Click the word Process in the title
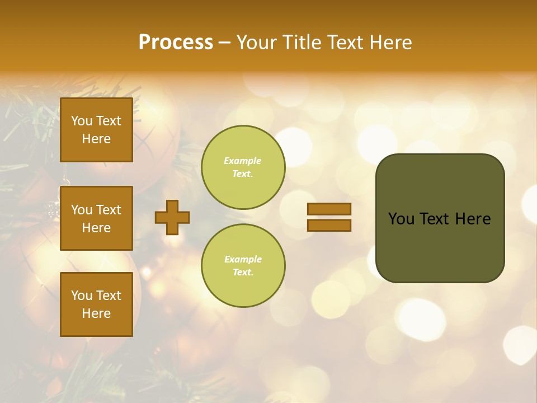point(176,43)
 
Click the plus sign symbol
point(172,217)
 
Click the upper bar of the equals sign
point(329,209)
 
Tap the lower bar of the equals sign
point(329,225)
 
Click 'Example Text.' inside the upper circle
point(243,167)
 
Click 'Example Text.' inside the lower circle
point(243,266)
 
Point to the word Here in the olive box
point(473,219)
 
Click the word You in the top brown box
point(82,121)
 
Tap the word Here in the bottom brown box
point(96,313)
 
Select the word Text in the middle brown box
point(109,210)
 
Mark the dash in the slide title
point(225,43)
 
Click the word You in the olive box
point(401,219)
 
